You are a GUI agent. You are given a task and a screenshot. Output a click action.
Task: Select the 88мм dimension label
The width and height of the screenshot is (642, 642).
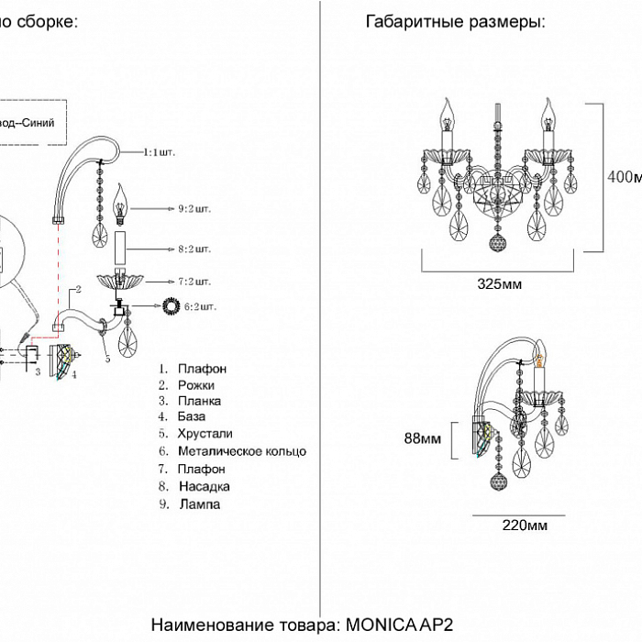[422, 439]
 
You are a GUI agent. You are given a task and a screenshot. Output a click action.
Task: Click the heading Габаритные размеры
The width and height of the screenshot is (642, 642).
[455, 22]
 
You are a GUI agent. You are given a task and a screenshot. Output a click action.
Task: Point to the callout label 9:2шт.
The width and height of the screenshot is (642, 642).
[194, 208]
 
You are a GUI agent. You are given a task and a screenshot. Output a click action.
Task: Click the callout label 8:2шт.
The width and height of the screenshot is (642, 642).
[194, 249]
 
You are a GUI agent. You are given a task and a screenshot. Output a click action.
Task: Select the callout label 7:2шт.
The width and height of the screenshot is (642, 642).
[194, 281]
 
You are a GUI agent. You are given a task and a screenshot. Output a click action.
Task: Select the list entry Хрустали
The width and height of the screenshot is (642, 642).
[206, 435]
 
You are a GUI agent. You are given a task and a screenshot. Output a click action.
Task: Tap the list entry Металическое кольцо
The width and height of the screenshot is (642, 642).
[242, 451]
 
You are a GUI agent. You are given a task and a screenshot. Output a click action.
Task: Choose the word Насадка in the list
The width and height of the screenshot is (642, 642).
[205, 486]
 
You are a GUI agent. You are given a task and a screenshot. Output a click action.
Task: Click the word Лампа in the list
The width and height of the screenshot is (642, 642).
[200, 504]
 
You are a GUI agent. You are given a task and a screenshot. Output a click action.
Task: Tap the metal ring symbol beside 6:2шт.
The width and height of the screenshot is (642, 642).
[171, 305]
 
